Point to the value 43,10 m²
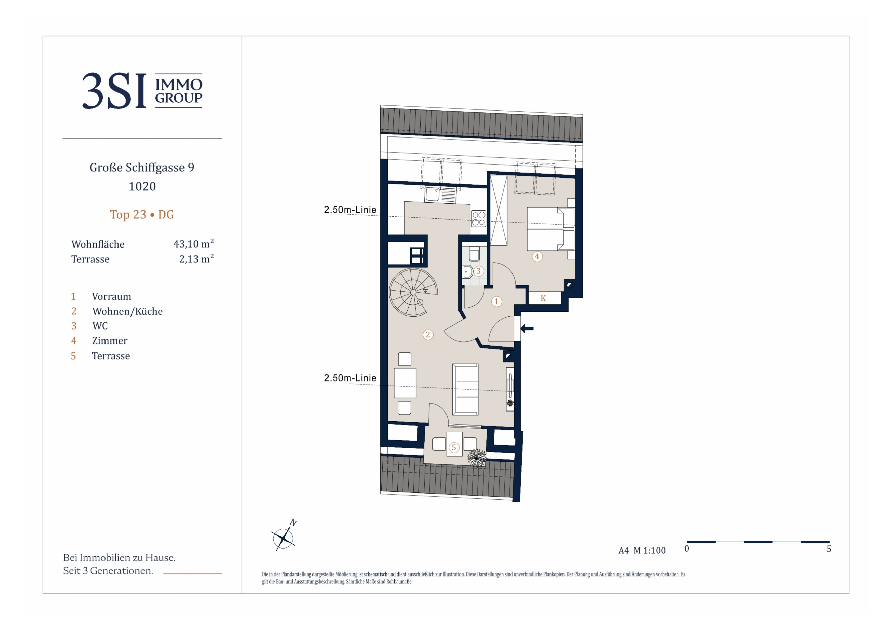click(x=193, y=243)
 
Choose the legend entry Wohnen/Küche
click(x=127, y=311)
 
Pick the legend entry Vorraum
click(x=112, y=297)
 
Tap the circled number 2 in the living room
click(x=428, y=335)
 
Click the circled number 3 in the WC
click(x=478, y=271)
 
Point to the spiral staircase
click(x=413, y=292)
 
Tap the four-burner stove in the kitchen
click(x=479, y=218)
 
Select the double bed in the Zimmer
click(x=550, y=229)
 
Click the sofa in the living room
click(x=465, y=389)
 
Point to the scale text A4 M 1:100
click(x=642, y=551)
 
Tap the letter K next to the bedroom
click(x=543, y=298)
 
